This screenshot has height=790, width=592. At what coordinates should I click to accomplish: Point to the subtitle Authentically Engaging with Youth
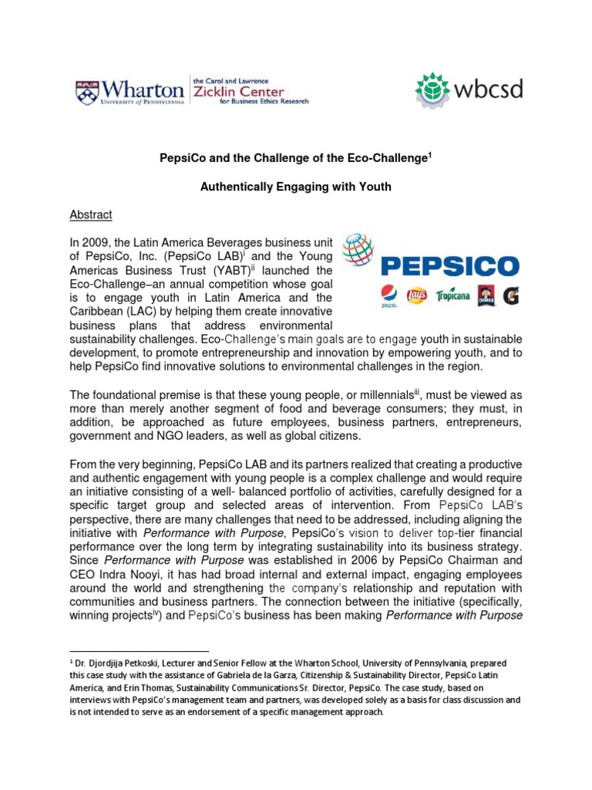pyautogui.click(x=296, y=186)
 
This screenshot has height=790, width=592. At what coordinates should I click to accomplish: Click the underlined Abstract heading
pyautogui.click(x=91, y=214)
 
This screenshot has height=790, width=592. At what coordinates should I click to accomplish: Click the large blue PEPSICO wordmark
pyautogui.click(x=450, y=267)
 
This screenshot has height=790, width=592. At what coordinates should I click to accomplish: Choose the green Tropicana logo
pyautogui.click(x=453, y=295)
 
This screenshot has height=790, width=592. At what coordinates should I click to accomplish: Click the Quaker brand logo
pyautogui.click(x=486, y=295)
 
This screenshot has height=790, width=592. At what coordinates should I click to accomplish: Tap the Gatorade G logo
pyautogui.click(x=510, y=295)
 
